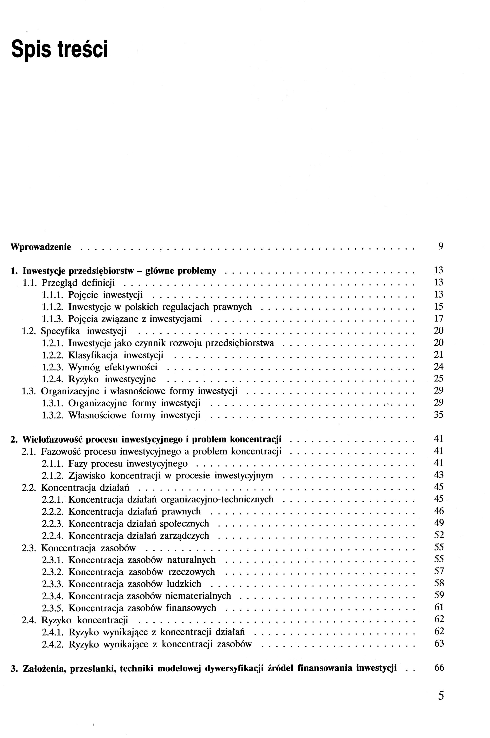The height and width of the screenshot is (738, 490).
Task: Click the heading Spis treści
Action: point(59,49)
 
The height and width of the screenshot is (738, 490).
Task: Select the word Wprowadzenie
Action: point(41,247)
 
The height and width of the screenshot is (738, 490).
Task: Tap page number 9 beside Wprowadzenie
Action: point(441,247)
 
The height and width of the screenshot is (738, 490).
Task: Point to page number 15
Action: point(439,307)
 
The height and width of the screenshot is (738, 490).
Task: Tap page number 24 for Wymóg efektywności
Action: point(439,366)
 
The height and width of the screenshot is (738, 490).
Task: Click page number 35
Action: point(439,415)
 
